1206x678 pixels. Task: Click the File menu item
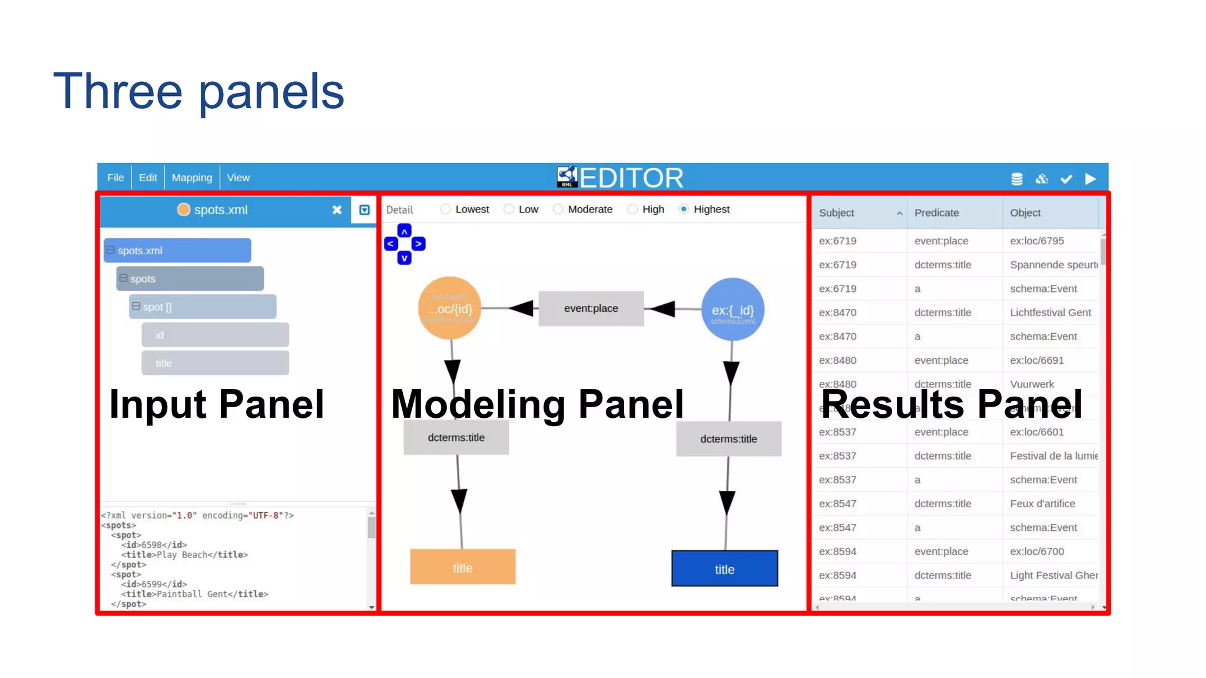(x=115, y=178)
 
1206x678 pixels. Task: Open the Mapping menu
(x=191, y=178)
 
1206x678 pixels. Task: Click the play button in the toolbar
(x=1090, y=179)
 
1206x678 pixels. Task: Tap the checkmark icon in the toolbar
(x=1066, y=179)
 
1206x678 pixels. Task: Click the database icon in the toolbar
(x=1016, y=179)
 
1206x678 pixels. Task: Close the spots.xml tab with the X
(x=337, y=210)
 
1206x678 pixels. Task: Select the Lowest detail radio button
(x=446, y=210)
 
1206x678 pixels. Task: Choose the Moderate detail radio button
(x=558, y=210)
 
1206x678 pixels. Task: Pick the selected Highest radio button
(x=684, y=210)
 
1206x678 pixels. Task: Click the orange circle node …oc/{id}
(x=450, y=308)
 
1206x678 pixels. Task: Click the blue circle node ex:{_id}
(x=733, y=310)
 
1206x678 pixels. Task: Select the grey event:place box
(x=591, y=308)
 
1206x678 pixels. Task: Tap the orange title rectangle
(x=462, y=567)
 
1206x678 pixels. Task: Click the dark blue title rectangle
(x=724, y=569)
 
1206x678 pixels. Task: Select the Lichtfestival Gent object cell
(x=1050, y=313)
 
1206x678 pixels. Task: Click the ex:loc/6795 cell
(x=1036, y=241)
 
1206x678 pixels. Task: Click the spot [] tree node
(x=203, y=307)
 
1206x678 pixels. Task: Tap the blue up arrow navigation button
(x=405, y=231)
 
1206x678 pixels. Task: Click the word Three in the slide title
(x=118, y=91)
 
